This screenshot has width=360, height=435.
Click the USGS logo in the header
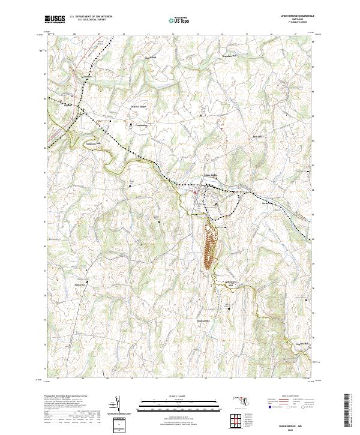point(55,19)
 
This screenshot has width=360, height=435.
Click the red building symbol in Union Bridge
point(194,193)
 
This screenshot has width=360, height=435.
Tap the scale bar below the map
point(179,406)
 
